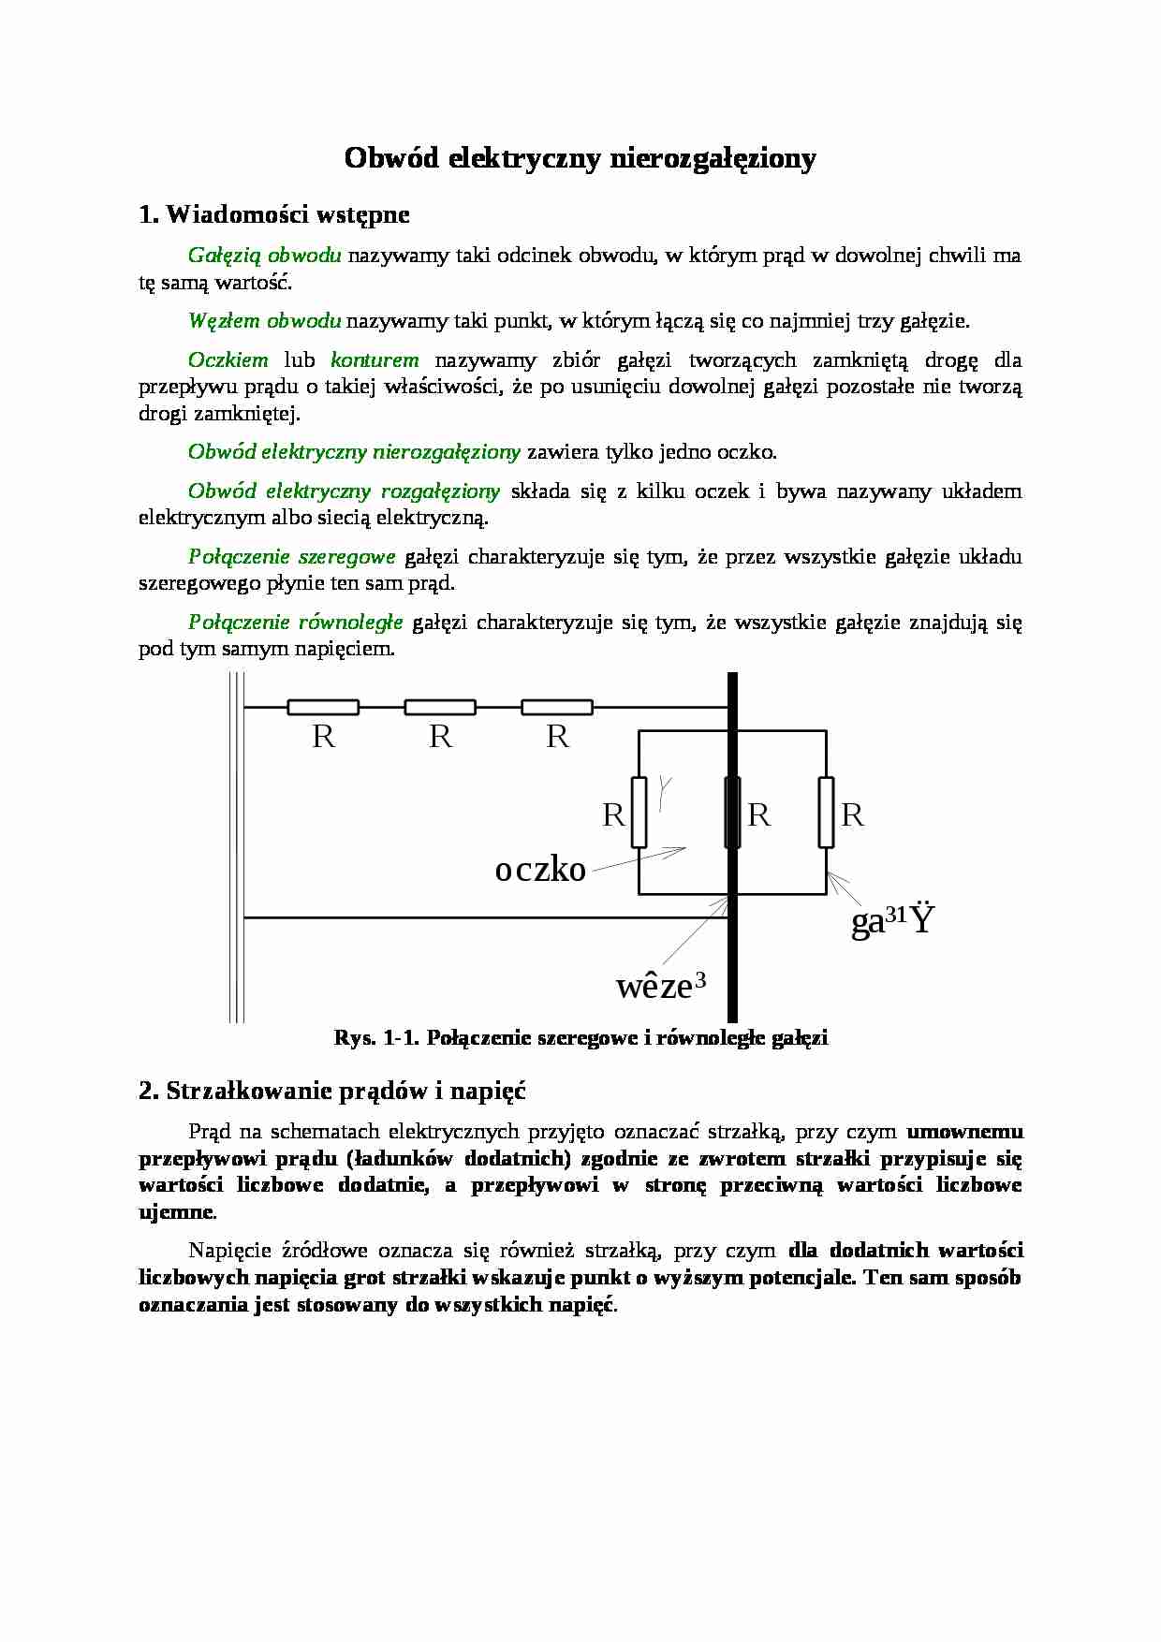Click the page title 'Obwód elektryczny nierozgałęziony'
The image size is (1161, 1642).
pos(580,158)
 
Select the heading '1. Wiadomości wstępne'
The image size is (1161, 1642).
pos(273,214)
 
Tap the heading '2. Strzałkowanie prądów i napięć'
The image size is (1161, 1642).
pos(331,1091)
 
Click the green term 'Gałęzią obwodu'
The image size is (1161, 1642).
pos(264,256)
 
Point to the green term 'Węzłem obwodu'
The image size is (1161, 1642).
pos(264,321)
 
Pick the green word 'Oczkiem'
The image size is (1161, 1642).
pos(228,360)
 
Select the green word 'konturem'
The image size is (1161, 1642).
pos(375,360)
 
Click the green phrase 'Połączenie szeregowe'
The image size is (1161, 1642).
pos(291,557)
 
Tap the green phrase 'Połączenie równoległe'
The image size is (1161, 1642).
pos(295,623)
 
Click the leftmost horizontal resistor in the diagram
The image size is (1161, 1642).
pos(323,707)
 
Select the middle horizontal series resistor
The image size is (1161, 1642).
pos(440,707)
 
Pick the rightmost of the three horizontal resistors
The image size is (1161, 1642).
pos(557,707)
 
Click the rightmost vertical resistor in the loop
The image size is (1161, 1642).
pos(827,812)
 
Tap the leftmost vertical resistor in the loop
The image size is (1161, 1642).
pos(639,812)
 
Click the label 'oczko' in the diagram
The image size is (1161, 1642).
pos(540,870)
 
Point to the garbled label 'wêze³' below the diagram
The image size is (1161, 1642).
pos(660,986)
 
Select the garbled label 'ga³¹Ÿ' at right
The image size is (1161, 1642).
pos(892,920)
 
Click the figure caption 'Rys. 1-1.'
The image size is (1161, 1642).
pos(375,1038)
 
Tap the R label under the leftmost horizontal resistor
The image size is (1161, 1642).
pos(323,738)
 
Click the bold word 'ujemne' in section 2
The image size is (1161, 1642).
pos(176,1212)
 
